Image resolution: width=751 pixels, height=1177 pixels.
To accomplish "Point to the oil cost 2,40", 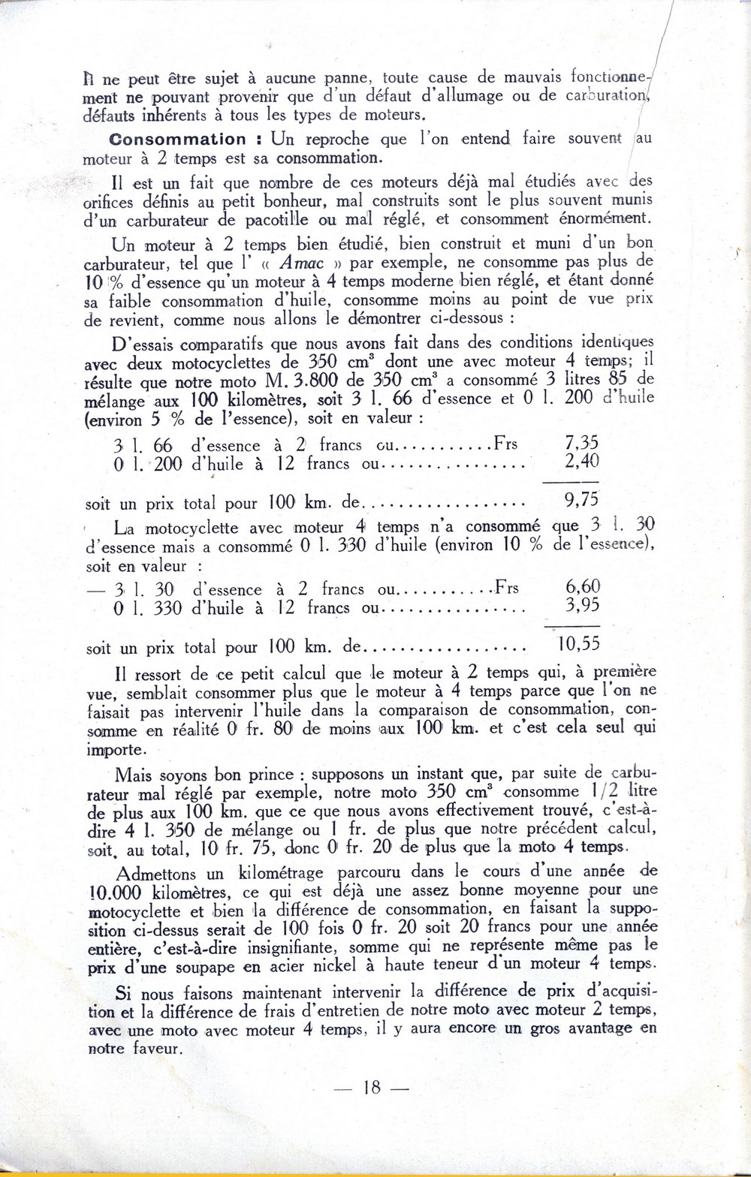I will (x=581, y=462).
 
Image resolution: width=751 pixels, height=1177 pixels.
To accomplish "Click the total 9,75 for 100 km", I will (x=581, y=501).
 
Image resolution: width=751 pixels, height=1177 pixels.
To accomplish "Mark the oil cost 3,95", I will (x=582, y=606).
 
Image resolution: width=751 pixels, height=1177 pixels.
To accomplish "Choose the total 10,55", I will (x=578, y=644).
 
